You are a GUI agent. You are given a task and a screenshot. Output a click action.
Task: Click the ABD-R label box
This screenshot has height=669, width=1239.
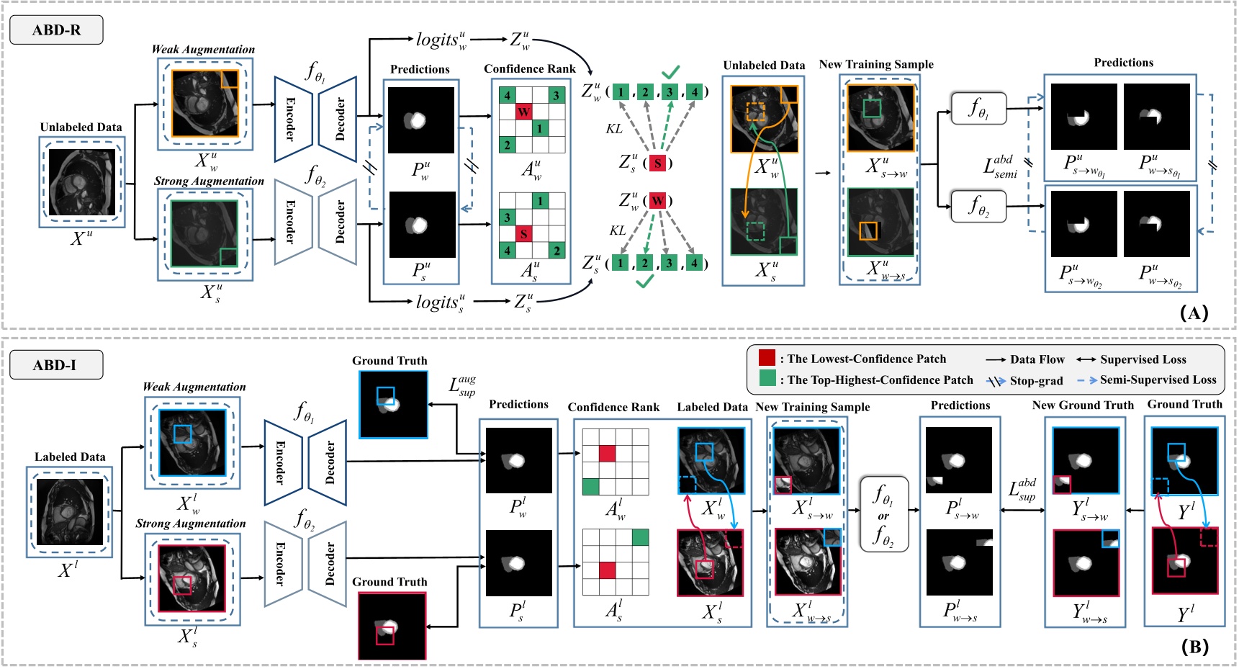pyautogui.click(x=56, y=30)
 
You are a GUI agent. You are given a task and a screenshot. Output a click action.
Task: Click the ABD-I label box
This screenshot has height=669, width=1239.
pyautogui.click(x=55, y=364)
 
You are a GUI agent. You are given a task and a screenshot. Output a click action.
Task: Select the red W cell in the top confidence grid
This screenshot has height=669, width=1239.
pyautogui.click(x=523, y=112)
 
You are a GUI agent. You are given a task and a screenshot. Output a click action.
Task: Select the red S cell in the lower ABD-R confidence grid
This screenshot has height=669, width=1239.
pyautogui.click(x=523, y=234)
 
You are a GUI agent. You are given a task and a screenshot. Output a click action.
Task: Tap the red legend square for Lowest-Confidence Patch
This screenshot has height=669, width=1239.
pyautogui.click(x=767, y=359)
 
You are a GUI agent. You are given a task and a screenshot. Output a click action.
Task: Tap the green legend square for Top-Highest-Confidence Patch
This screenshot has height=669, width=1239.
pyautogui.click(x=767, y=380)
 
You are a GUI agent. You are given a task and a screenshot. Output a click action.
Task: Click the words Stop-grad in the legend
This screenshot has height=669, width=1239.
pyautogui.click(x=1036, y=380)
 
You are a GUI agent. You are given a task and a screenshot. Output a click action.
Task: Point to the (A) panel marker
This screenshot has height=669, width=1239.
pyautogui.click(x=1194, y=313)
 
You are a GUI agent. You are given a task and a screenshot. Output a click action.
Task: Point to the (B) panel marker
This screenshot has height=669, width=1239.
pyautogui.click(x=1194, y=647)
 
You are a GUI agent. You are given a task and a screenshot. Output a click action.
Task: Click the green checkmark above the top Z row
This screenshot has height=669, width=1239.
pyautogui.click(x=670, y=72)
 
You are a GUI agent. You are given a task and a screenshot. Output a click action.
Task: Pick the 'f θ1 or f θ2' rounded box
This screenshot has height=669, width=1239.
pyautogui.click(x=883, y=514)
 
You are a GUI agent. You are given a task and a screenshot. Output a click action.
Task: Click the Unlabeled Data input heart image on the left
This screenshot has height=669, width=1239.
pyautogui.click(x=81, y=182)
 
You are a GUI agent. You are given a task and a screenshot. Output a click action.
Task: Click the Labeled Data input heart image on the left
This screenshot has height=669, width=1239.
pyautogui.click(x=70, y=512)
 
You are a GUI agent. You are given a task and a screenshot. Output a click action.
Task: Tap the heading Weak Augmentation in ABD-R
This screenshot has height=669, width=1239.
pyautogui.click(x=203, y=50)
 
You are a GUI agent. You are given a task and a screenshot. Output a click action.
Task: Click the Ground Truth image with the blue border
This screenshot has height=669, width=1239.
pyautogui.click(x=393, y=404)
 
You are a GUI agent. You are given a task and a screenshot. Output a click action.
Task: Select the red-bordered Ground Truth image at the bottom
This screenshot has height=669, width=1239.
pyautogui.click(x=392, y=625)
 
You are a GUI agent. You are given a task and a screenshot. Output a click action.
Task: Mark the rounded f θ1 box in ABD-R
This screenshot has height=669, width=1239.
pyautogui.click(x=978, y=109)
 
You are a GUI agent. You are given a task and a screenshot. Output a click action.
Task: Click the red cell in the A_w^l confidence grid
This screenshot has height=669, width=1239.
pyautogui.click(x=608, y=454)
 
